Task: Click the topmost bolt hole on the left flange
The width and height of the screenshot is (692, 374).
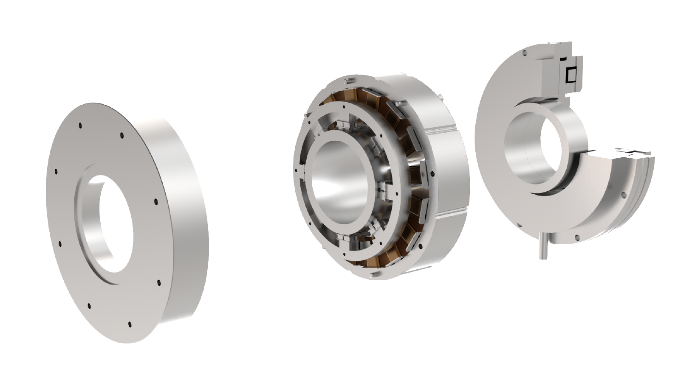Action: (80, 126)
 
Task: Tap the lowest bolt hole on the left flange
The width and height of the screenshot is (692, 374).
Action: (130, 325)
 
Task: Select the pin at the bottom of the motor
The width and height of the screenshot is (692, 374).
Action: (374, 276)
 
